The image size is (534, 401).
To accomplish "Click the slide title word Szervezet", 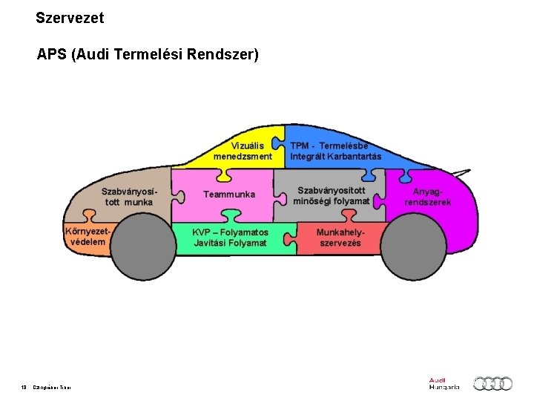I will click(x=70, y=16).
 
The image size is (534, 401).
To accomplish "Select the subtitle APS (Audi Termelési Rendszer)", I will click(x=148, y=55).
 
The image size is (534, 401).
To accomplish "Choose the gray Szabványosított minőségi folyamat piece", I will click(x=331, y=195).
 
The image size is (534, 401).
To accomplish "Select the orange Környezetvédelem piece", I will click(x=86, y=236).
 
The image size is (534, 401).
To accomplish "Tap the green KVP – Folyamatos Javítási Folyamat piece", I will click(x=230, y=238).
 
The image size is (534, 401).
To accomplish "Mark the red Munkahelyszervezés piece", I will click(x=340, y=238).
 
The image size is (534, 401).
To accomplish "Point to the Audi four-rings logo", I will click(x=493, y=383).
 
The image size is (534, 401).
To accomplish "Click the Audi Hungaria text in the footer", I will click(x=444, y=383).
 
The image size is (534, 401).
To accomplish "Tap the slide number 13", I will click(x=24, y=386).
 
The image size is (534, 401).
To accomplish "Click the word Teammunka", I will click(x=229, y=195).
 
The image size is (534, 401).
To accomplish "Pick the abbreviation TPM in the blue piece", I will click(x=300, y=146).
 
